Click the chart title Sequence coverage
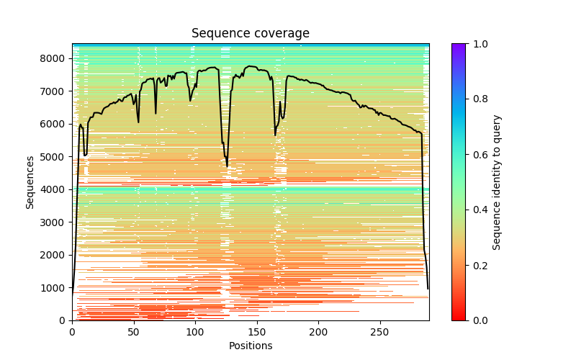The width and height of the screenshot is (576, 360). point(251,34)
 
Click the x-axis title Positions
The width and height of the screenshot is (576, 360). point(251,346)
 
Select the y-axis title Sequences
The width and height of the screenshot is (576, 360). point(30,181)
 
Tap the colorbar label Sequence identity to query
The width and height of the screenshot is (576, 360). point(497,182)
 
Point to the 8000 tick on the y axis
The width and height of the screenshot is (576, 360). point(55,58)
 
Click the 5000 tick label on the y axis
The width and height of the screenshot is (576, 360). point(55,157)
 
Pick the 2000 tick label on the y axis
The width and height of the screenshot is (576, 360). point(55,255)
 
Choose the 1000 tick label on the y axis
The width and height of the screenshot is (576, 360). point(55,288)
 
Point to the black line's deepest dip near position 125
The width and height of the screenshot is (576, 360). point(227,166)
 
